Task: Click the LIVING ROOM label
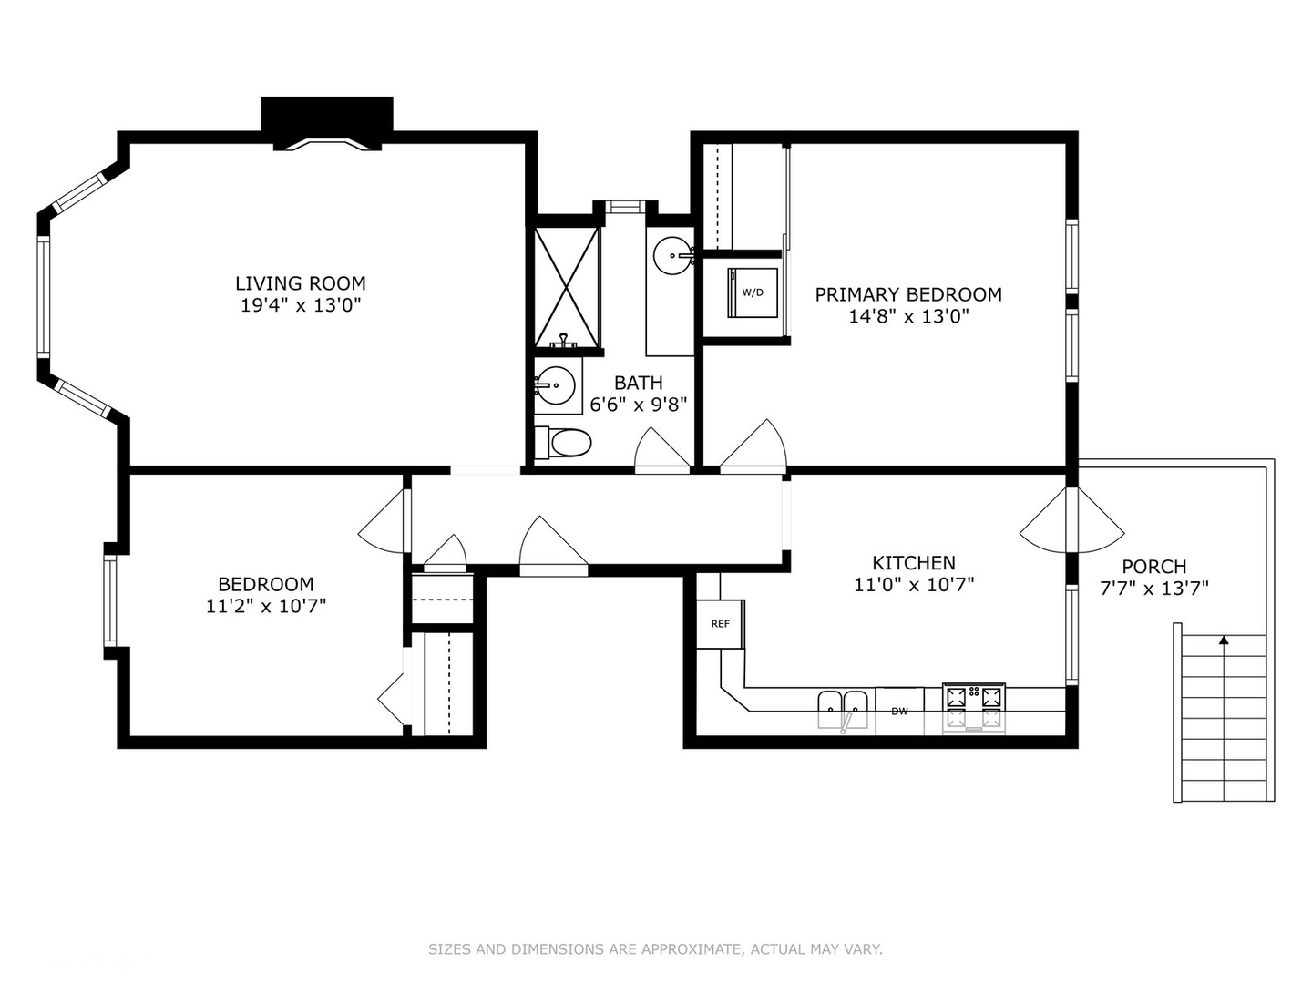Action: point(301,283)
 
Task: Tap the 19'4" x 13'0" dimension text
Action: point(301,305)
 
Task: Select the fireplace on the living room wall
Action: point(327,123)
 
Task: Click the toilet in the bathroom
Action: point(565,443)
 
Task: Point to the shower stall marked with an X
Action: point(567,287)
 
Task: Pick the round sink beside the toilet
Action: point(555,385)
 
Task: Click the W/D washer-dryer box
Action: point(753,292)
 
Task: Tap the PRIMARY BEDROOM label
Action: point(907,294)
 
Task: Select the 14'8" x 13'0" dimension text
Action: point(907,316)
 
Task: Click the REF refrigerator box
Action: point(721,624)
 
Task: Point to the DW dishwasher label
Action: point(899,711)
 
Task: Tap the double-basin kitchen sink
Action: point(843,705)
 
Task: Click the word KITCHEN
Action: point(913,563)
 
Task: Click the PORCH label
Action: point(1153,567)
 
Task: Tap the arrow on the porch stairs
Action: point(1223,641)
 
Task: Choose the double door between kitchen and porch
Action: point(1072,521)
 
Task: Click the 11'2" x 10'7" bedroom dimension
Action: point(265,606)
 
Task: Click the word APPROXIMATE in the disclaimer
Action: point(692,949)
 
